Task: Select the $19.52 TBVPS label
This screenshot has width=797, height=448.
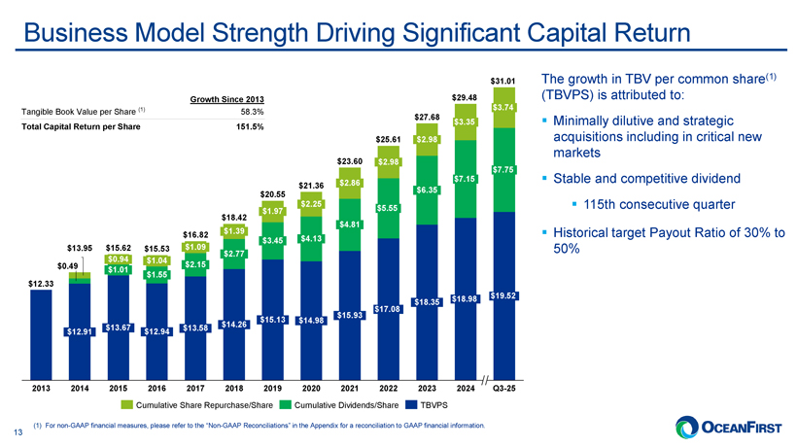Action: pos(503,295)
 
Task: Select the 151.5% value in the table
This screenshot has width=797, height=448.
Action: pos(250,128)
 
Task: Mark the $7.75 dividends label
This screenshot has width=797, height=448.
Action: pos(503,171)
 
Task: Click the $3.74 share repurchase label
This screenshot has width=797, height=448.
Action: pos(503,106)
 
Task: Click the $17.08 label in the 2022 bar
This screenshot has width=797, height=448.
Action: pos(387,309)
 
